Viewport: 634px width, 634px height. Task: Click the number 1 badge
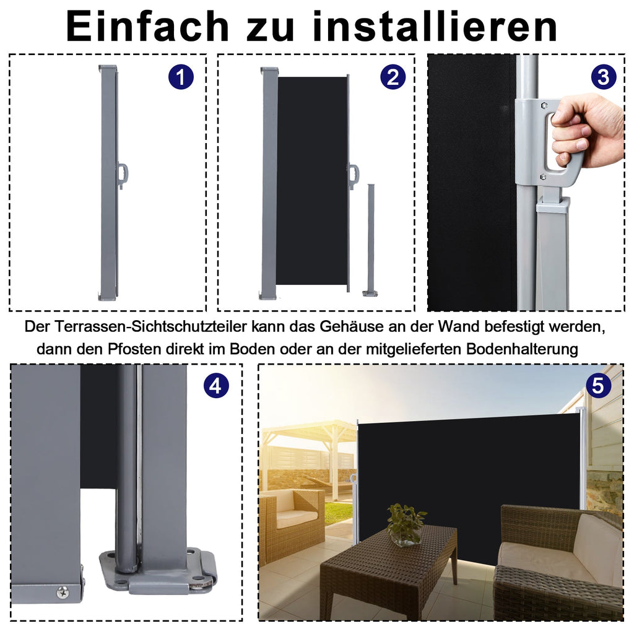181,77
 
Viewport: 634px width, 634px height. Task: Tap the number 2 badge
393,77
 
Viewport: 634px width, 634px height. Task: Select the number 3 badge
603,77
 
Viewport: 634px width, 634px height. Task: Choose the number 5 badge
597,386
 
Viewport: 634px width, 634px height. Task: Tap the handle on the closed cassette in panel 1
123,175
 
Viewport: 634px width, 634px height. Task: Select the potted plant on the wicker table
406,524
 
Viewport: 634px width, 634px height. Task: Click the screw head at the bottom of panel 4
63,593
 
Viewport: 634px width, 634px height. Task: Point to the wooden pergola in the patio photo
310,446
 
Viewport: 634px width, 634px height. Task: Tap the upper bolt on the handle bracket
543,105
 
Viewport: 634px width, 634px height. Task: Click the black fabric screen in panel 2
311,180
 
